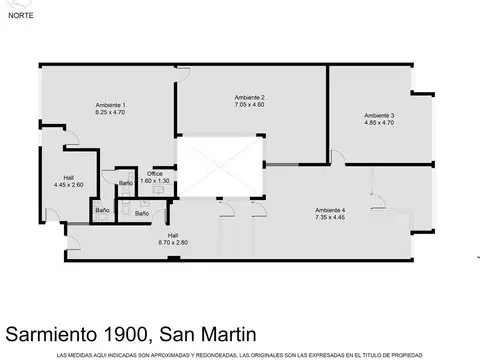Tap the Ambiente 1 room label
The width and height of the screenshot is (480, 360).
click(x=110, y=105)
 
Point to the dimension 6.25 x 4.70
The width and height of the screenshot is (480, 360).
click(x=110, y=112)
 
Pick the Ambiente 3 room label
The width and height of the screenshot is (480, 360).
click(x=379, y=115)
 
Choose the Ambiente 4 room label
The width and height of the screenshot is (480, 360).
click(x=330, y=210)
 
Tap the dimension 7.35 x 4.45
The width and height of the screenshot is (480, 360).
click(x=330, y=217)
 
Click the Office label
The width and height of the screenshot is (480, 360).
click(x=155, y=174)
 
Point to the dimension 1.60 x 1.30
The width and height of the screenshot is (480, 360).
click(x=155, y=181)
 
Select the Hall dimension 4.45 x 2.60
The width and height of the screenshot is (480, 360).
click(x=69, y=185)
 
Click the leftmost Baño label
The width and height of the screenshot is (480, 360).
click(x=102, y=211)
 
